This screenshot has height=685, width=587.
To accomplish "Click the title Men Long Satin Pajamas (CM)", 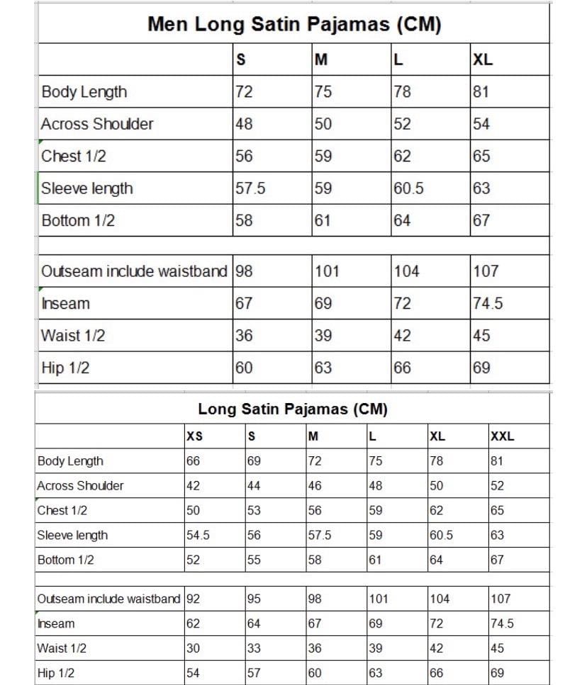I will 294,25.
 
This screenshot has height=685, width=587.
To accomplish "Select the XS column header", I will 194,436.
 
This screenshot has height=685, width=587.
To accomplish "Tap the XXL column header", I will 502,436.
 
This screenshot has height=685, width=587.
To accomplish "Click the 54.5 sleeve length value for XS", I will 198,536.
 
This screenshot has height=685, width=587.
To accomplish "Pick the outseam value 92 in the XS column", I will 194,599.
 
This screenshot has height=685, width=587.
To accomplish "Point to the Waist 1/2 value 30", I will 193,648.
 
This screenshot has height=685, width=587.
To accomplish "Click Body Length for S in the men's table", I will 244,91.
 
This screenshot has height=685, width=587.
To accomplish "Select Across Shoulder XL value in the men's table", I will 481,124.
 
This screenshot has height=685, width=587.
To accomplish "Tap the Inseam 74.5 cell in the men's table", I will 488,303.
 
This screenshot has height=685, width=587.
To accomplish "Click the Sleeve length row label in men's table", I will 86,188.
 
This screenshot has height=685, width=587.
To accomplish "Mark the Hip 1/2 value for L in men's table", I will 402,368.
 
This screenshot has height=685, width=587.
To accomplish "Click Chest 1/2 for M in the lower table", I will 315,511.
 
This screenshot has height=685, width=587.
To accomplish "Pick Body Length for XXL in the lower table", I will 497,461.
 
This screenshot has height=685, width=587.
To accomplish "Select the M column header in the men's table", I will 321,60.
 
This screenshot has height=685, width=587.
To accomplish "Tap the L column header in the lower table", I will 372,436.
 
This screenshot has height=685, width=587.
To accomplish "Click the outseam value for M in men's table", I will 327,271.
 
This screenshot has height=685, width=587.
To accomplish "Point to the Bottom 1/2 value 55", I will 254,560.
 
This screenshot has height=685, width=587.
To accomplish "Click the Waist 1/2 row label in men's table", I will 73,336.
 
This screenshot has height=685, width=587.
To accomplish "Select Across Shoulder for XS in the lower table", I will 193,486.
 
